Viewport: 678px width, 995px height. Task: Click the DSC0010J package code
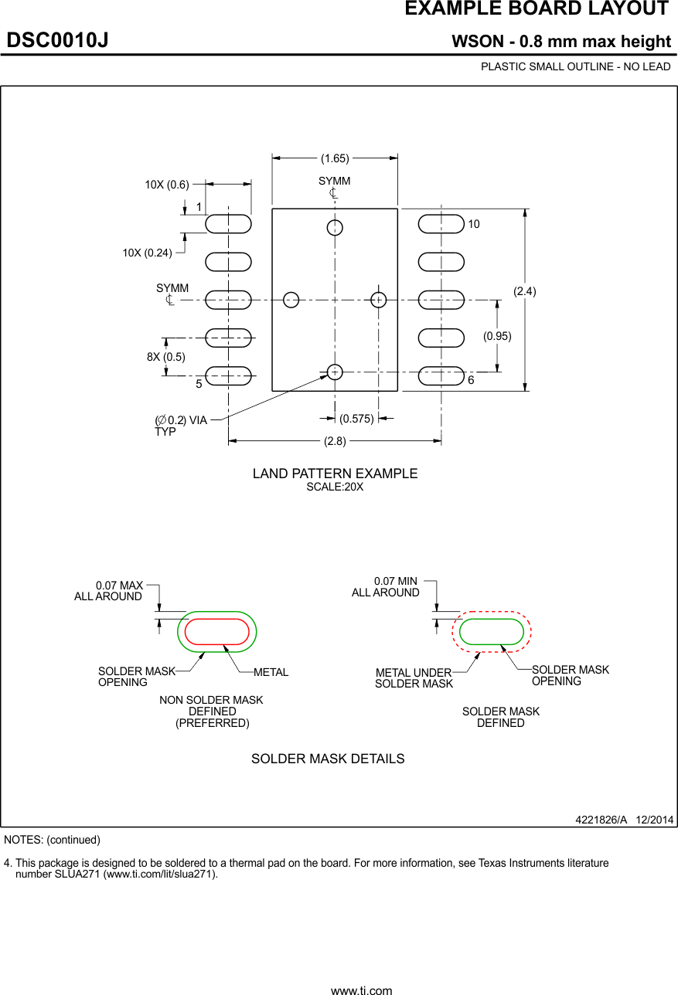click(x=58, y=40)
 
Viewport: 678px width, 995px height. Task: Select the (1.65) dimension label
click(x=335, y=158)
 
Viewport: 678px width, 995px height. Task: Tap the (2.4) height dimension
click(x=525, y=291)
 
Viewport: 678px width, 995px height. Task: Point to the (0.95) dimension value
click(x=497, y=336)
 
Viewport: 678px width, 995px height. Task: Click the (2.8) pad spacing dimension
click(x=335, y=441)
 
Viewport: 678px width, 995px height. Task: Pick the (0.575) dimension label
click(x=356, y=419)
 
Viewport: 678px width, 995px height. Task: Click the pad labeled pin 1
click(x=229, y=223)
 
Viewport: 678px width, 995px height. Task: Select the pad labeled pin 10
click(x=441, y=223)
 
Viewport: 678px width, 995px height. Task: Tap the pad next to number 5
click(x=229, y=375)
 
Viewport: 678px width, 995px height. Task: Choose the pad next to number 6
click(x=441, y=375)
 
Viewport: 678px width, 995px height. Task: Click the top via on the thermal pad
click(x=335, y=227)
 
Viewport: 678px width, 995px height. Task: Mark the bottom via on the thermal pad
click(x=335, y=372)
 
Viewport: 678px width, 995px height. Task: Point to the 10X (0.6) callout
click(x=167, y=185)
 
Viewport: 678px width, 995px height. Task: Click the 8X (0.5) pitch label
click(x=166, y=357)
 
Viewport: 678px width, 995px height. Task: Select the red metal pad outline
click(x=217, y=631)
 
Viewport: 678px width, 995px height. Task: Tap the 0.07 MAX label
click(x=119, y=586)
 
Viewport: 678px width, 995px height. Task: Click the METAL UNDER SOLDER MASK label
click(x=414, y=678)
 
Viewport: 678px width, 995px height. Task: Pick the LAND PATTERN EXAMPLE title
click(x=335, y=474)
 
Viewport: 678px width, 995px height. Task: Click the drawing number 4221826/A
click(x=601, y=820)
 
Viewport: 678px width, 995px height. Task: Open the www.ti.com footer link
click(x=361, y=990)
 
